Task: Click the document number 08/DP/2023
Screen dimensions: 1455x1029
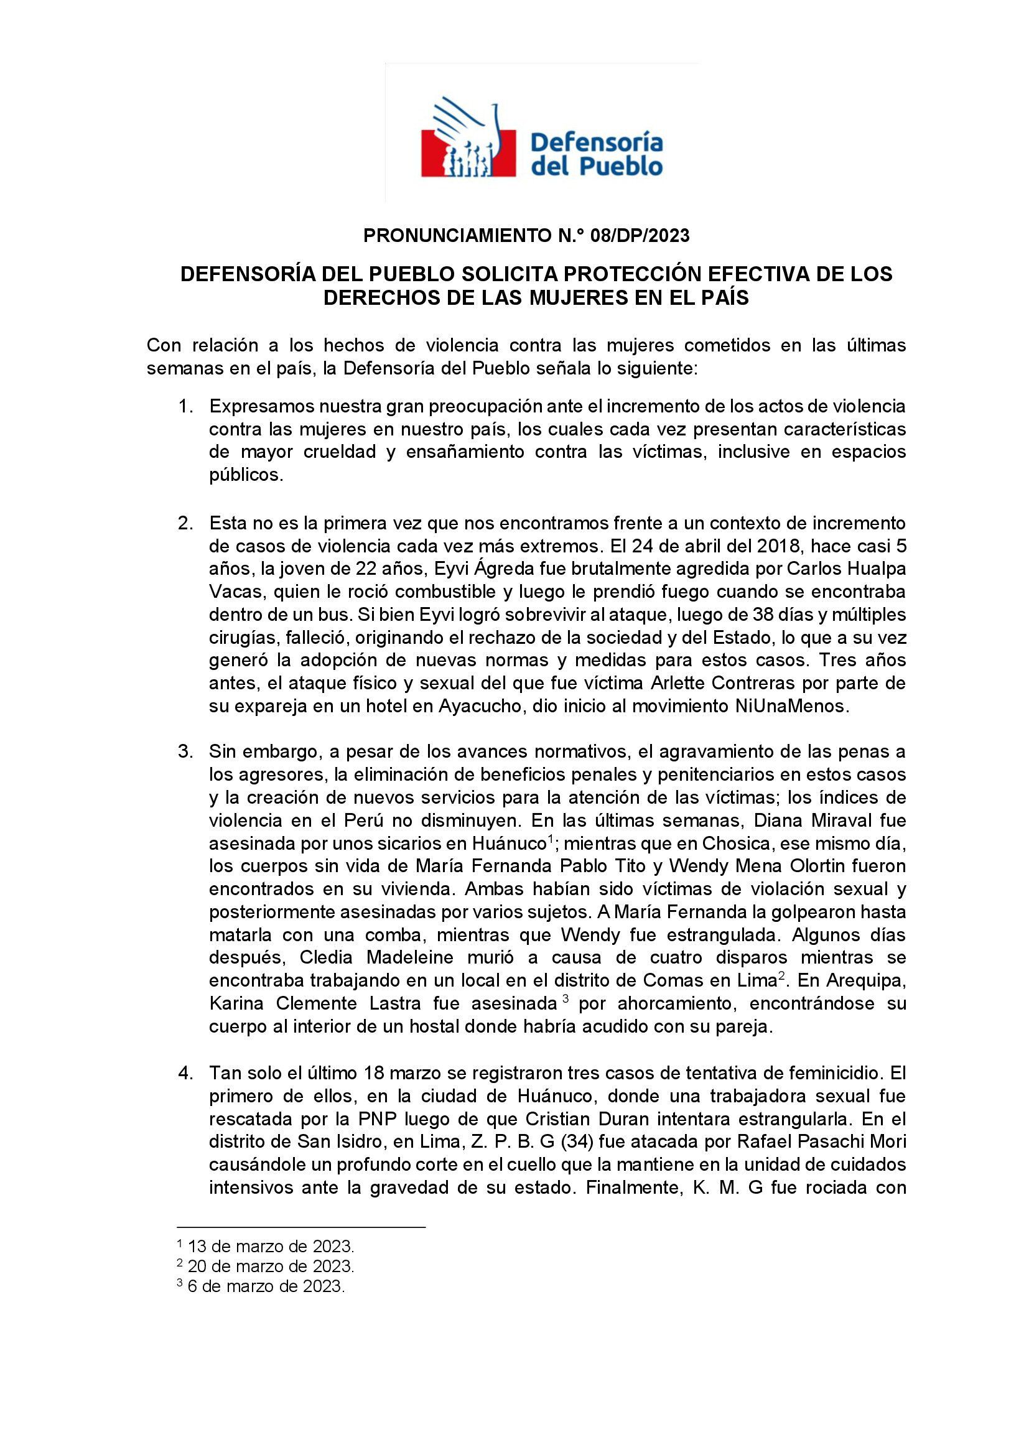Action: pyautogui.click(x=640, y=236)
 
